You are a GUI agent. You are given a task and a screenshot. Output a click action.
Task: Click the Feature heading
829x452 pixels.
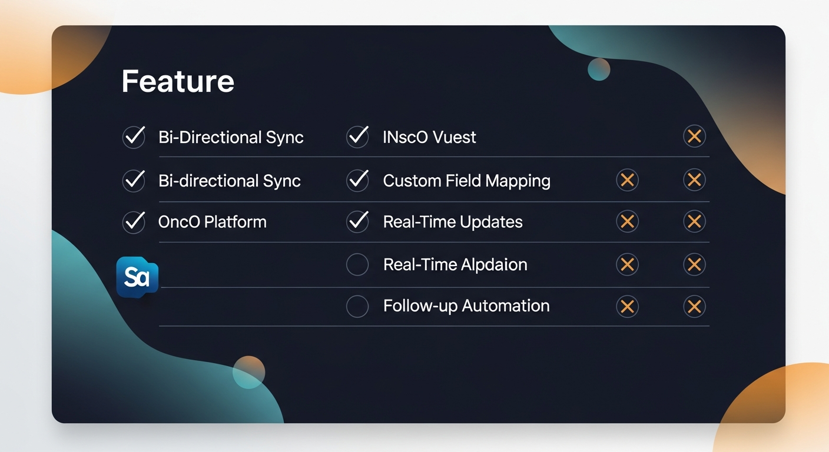178,81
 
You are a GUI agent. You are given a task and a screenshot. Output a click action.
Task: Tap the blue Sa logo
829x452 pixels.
137,277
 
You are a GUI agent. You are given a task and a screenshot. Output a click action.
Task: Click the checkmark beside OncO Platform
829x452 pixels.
134,222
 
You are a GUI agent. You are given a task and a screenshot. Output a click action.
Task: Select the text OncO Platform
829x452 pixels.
212,222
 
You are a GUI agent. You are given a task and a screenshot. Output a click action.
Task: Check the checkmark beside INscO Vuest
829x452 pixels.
357,137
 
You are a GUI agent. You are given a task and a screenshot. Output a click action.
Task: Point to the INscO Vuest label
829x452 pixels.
429,137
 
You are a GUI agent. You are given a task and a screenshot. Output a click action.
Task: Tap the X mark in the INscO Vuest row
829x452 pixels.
694,137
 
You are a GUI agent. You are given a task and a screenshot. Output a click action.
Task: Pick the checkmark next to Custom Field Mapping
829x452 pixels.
357,180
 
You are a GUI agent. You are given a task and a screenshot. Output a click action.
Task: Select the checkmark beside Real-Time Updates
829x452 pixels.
357,222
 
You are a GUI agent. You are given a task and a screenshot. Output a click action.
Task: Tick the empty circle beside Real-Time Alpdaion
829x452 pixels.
357,264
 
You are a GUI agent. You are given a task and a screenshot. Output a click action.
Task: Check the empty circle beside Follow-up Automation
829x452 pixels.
357,306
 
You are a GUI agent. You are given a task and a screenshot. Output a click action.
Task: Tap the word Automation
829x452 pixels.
506,306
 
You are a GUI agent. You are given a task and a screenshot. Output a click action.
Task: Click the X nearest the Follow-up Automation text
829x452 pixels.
627,306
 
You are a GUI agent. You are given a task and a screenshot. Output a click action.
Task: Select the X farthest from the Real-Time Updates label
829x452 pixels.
694,222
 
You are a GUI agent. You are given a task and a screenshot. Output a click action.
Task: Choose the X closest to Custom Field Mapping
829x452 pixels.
627,180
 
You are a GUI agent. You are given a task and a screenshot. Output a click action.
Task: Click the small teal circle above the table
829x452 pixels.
599,69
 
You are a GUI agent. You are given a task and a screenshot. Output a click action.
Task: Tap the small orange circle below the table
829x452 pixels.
248,372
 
